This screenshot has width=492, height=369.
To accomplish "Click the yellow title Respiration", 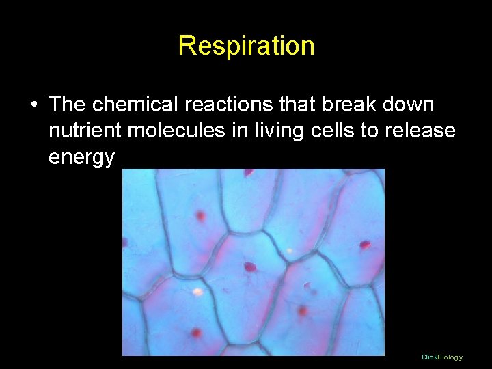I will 246,46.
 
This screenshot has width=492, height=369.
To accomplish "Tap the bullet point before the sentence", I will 33,105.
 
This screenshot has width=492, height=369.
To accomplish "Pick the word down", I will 408,105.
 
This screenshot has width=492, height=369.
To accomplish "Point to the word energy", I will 82,157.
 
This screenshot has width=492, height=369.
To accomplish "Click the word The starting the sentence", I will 67,105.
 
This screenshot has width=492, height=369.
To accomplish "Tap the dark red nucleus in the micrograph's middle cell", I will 250,266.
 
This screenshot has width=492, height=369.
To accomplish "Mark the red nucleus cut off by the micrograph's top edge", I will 248,172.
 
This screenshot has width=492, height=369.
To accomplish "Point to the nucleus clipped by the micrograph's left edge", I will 125,242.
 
